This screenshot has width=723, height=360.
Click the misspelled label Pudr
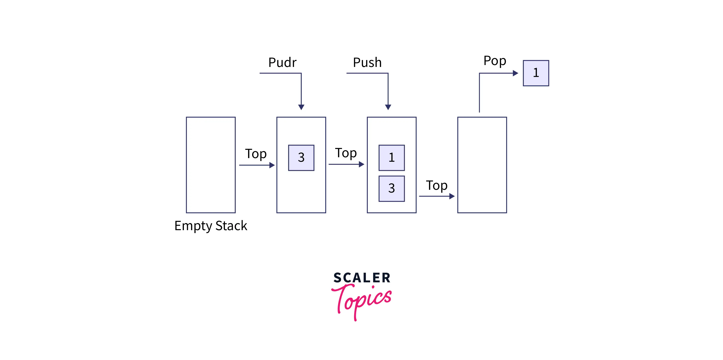tap(282, 62)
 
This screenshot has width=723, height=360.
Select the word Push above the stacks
tap(367, 62)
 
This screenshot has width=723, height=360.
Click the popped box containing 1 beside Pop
tap(536, 73)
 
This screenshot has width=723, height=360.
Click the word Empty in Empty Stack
tap(193, 226)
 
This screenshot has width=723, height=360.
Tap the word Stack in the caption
tap(231, 226)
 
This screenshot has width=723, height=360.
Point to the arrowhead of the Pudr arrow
tap(301, 107)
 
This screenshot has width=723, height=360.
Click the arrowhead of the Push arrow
tap(388, 107)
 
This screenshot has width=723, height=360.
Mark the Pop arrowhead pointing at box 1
tap(515, 73)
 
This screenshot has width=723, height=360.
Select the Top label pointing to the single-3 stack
tap(256, 154)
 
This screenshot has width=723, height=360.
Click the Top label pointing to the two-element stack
tap(346, 153)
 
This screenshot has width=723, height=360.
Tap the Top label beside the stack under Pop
tap(436, 186)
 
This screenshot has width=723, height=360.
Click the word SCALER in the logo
tap(362, 278)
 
